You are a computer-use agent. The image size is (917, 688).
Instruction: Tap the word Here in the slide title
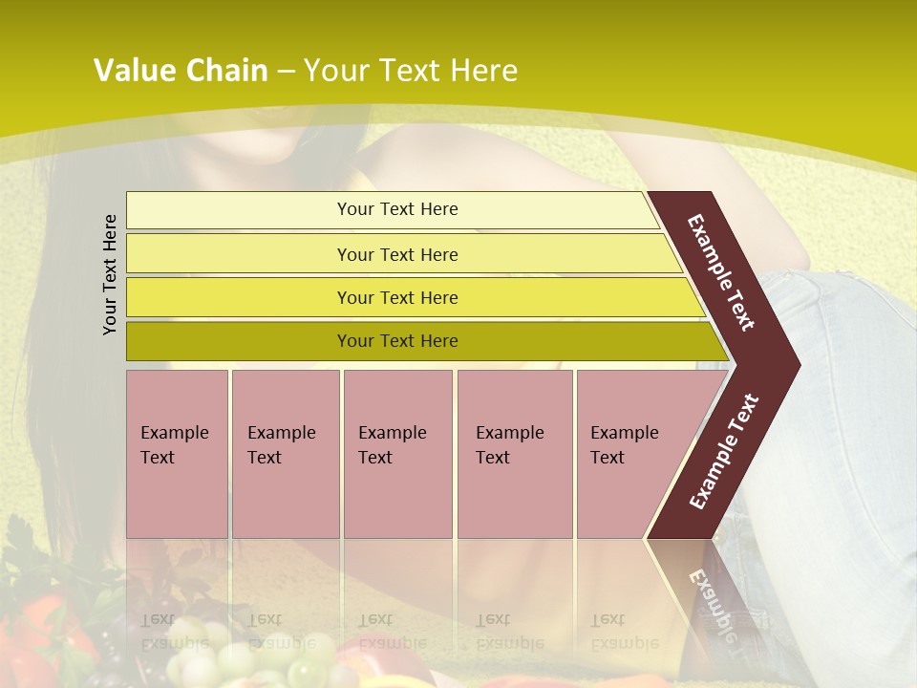click(x=483, y=71)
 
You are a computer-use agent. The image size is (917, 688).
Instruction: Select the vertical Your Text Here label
click(x=110, y=274)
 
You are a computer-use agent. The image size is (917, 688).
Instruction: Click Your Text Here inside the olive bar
click(x=397, y=341)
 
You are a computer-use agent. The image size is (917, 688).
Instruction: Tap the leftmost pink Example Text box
click(x=177, y=454)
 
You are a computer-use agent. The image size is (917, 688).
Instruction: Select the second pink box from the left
click(x=285, y=454)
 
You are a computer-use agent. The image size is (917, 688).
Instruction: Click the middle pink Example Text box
click(x=397, y=454)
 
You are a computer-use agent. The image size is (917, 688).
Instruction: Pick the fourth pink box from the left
click(x=514, y=454)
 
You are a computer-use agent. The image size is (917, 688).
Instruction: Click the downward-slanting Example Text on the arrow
click(x=721, y=272)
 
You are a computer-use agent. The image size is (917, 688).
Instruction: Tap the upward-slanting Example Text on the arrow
click(x=724, y=451)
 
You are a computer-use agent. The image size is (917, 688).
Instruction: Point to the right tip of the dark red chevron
click(x=798, y=364)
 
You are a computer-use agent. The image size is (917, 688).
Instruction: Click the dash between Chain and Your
click(x=286, y=72)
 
